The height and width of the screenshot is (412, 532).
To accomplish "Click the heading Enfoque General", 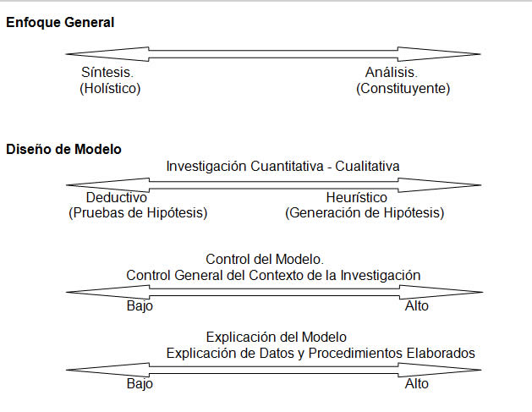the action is (60, 22).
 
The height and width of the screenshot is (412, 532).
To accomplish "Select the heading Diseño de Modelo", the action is (63, 150).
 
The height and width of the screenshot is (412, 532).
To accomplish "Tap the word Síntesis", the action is (107, 72).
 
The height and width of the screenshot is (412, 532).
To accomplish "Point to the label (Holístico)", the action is (110, 88).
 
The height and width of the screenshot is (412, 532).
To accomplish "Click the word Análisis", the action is (392, 72).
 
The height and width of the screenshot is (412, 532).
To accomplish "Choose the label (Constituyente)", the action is (403, 88).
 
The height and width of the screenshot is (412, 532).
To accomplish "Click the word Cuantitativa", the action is (287, 167).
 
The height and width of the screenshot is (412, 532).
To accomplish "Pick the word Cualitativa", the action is (367, 167).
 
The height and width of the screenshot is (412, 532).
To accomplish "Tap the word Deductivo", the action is (117, 197).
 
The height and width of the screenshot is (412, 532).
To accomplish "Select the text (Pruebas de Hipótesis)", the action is (138, 213).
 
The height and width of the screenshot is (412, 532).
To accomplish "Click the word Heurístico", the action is (357, 197).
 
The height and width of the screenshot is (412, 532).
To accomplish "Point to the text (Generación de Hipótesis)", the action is (365, 213).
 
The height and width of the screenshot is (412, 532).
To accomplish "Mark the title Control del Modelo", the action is (265, 259).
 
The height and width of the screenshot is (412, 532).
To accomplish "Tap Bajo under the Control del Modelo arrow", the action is (140, 306).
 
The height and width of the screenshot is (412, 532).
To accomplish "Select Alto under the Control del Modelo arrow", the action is (417, 306).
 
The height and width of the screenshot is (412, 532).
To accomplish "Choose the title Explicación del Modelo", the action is (277, 337).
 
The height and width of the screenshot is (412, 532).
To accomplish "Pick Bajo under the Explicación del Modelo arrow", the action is (140, 384).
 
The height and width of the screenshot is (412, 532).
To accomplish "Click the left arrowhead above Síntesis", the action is (107, 54).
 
